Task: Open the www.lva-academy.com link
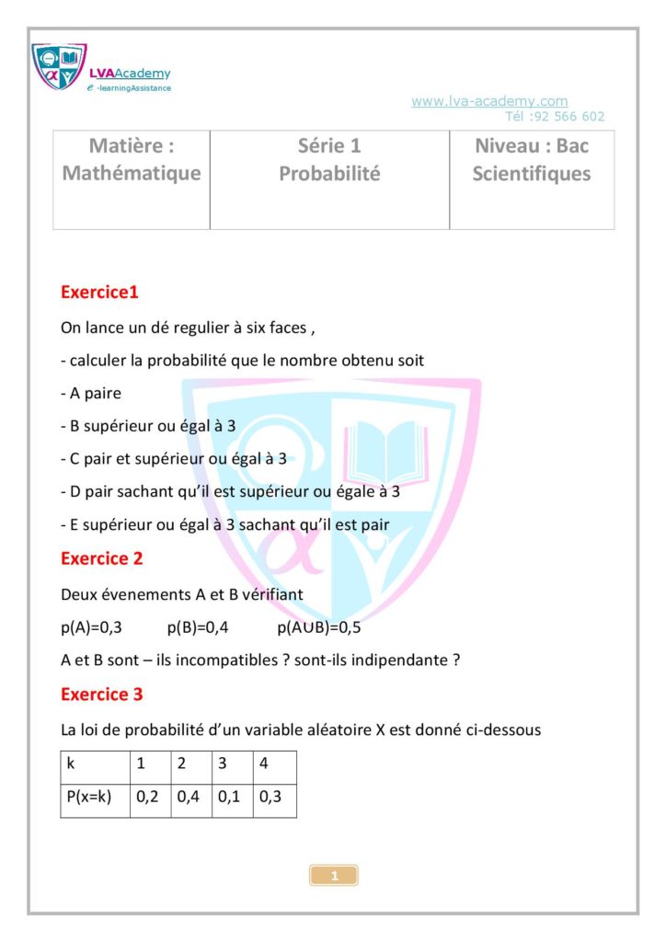tap(488, 101)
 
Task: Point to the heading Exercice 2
tap(101, 558)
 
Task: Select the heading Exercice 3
tap(101, 695)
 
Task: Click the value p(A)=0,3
tap(91, 627)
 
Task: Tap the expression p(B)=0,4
tap(197, 627)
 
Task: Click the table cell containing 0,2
tap(147, 798)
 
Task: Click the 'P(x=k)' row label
tap(88, 798)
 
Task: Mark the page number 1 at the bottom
tap(334, 876)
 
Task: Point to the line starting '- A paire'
tap(90, 394)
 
